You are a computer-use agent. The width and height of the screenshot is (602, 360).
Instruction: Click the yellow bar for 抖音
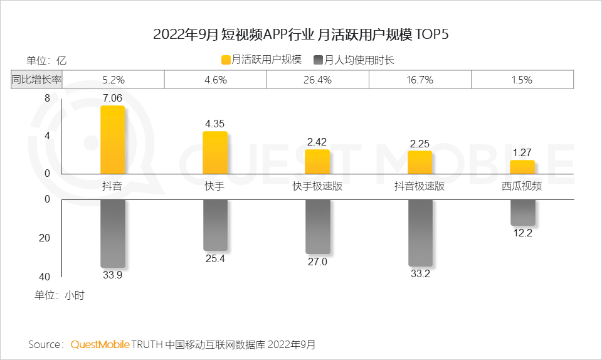click(x=113, y=140)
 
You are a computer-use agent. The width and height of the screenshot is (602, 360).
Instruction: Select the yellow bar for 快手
click(x=215, y=152)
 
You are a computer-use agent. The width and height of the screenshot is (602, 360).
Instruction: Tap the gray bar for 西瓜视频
click(x=522, y=213)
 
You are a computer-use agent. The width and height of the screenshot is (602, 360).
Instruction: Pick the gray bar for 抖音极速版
click(x=420, y=233)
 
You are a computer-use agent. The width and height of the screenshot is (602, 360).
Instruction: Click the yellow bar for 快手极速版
click(x=317, y=162)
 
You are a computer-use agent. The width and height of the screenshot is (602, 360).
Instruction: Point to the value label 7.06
click(x=113, y=98)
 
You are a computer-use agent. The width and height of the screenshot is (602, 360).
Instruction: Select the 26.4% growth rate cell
click(x=317, y=80)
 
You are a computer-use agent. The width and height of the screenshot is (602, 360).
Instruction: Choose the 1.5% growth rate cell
click(x=522, y=80)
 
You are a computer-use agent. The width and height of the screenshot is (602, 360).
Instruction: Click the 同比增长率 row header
click(x=37, y=80)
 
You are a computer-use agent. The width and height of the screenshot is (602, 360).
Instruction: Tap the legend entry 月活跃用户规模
click(x=261, y=60)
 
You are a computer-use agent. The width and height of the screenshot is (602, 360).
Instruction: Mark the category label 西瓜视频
click(x=522, y=187)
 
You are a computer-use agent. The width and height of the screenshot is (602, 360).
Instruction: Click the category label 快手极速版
click(x=317, y=187)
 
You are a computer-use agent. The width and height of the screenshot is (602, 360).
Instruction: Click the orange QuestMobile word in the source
click(x=100, y=344)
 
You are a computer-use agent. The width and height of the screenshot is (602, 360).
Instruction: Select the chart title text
click(x=301, y=34)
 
